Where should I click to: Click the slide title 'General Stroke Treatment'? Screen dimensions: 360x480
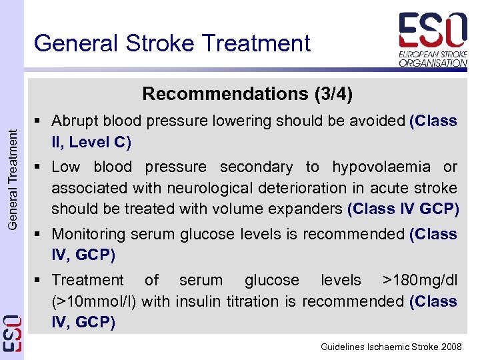click(172, 43)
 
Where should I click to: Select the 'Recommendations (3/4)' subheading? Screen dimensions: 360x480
click(247, 94)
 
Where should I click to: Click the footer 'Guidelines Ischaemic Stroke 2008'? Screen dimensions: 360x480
click(391, 347)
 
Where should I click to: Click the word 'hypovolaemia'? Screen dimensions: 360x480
click(382, 167)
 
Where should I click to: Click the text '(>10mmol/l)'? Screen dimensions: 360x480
click(94, 301)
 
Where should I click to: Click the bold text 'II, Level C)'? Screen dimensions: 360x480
click(91, 142)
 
